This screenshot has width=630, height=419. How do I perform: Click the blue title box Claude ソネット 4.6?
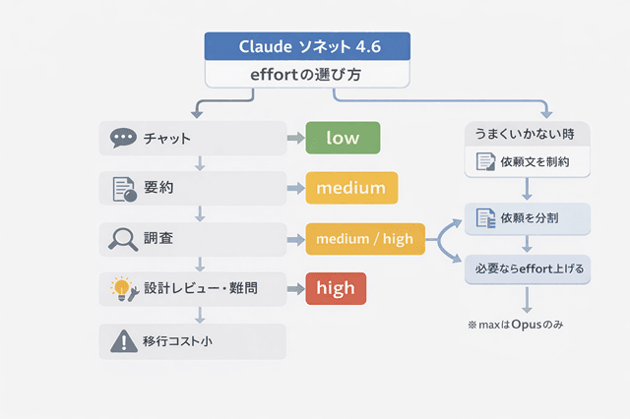pos(307,46)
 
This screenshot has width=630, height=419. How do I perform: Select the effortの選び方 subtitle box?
pos(307,74)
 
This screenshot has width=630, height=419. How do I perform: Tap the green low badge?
pos(343,138)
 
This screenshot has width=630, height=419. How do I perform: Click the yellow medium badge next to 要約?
pos(351,187)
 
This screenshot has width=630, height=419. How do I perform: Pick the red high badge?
pos(336,288)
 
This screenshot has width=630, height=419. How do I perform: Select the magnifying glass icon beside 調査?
pos(124,238)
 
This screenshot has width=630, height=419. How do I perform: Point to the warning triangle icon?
pos(124,341)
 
